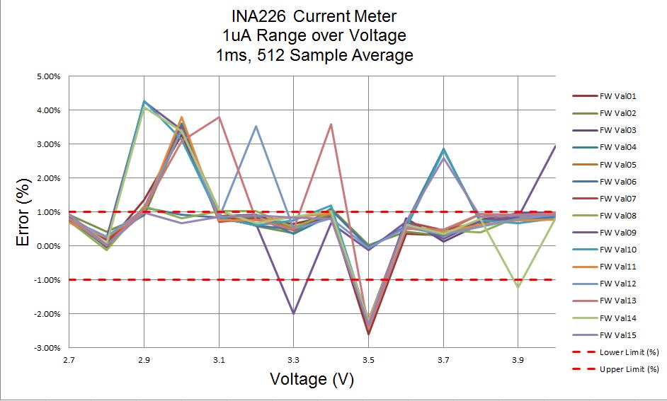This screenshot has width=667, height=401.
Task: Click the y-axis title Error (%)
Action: click(x=24, y=211)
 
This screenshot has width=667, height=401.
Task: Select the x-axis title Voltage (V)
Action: click(x=312, y=379)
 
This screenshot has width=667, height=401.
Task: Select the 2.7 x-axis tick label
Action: click(x=69, y=360)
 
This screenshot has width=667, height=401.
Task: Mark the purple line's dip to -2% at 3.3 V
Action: click(x=293, y=313)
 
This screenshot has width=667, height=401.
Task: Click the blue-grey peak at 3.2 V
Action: click(x=256, y=127)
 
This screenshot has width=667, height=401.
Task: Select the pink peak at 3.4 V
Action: click(x=331, y=124)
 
